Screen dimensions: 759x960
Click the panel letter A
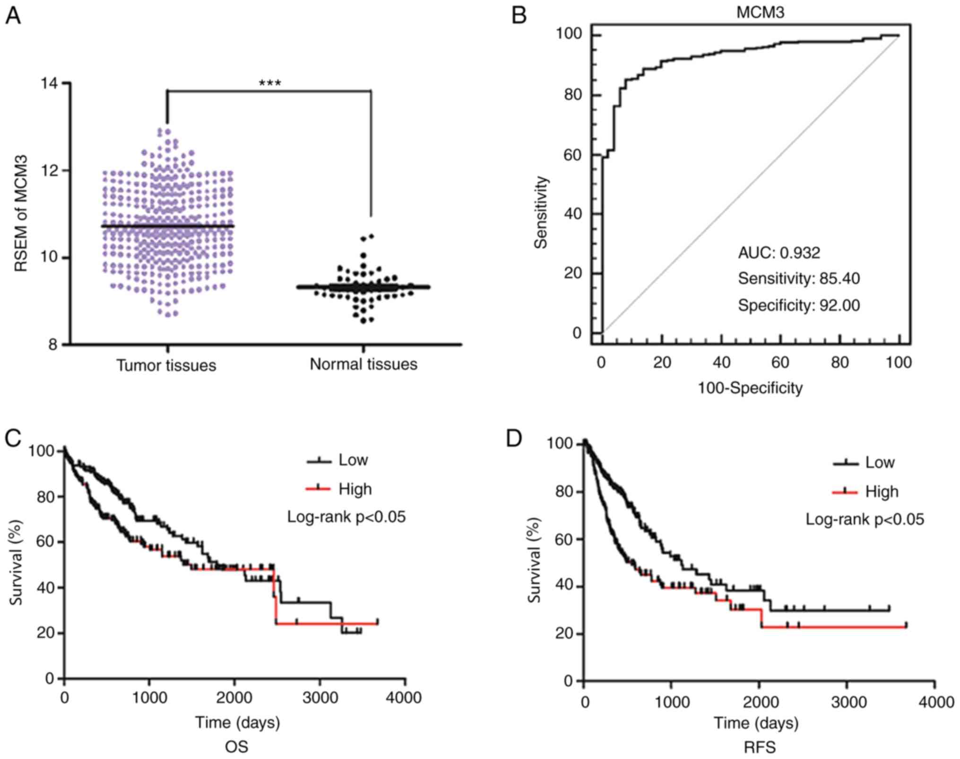(13, 16)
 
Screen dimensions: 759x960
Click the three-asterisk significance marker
(270, 84)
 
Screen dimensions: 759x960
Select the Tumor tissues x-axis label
(166, 365)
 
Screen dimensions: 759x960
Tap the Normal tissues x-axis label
(363, 364)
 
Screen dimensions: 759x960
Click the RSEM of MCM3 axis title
(21, 213)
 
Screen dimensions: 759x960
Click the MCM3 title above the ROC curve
(760, 12)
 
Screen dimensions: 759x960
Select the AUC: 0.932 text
(779, 253)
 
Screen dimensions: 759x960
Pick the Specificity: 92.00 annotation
(799, 305)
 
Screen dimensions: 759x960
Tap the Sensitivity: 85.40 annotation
(799, 278)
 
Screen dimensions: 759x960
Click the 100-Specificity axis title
(750, 388)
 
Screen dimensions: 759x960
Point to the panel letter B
(519, 16)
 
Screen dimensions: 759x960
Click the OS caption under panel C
(236, 747)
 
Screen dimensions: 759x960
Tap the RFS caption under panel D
(760, 747)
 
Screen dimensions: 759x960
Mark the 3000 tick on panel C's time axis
(320, 697)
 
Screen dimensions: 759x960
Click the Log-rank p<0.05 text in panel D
(865, 520)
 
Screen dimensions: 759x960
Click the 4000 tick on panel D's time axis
(934, 702)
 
